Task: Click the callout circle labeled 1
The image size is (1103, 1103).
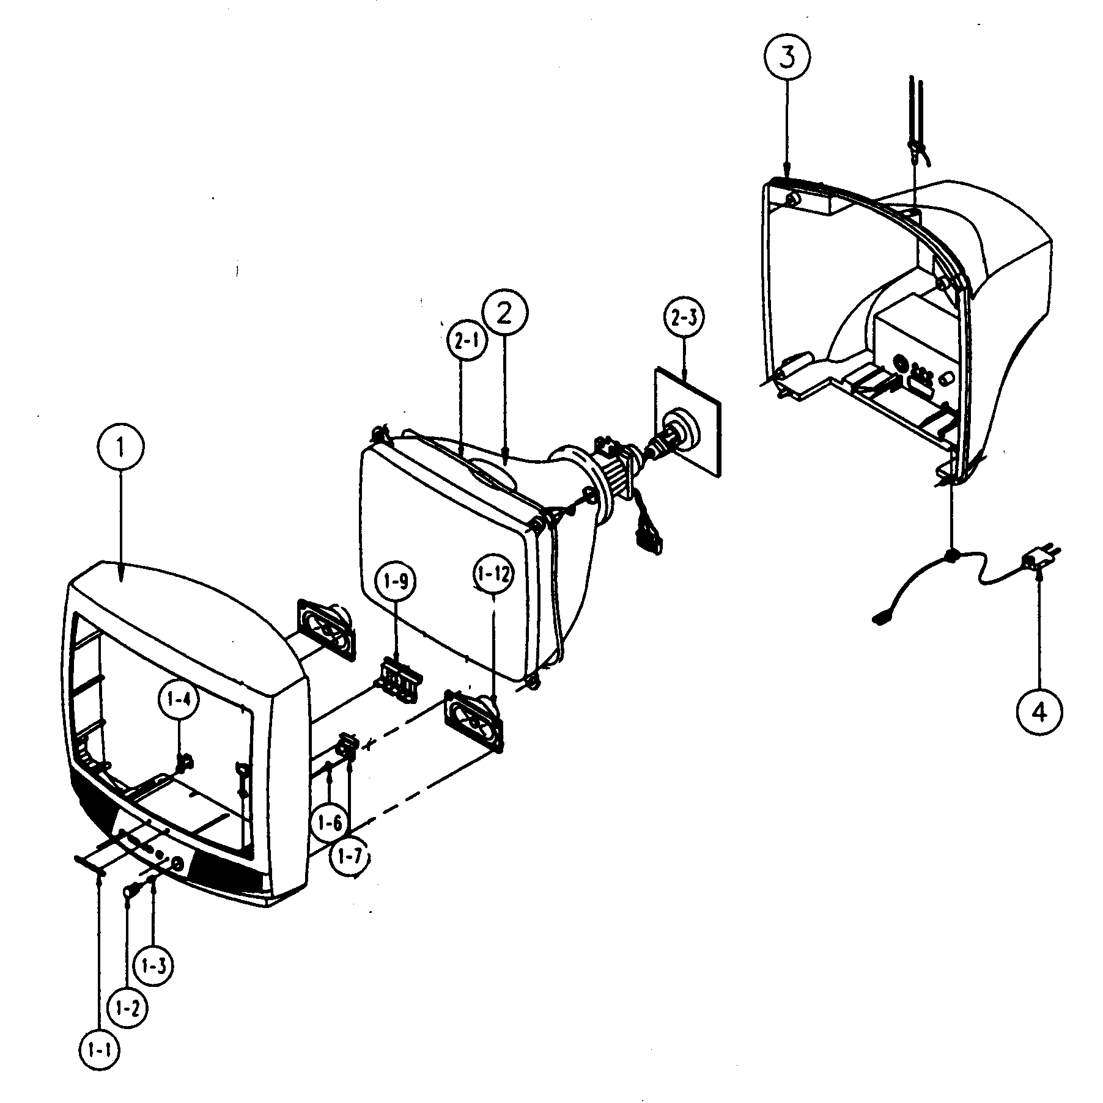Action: (120, 450)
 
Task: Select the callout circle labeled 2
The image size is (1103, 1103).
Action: (504, 312)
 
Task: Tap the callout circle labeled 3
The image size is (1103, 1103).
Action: (786, 57)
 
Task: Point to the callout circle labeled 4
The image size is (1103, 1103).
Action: (1039, 712)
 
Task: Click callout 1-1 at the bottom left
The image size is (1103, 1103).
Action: (100, 1050)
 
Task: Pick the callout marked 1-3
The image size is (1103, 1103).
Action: (153, 966)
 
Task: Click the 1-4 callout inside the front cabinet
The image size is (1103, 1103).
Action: (179, 702)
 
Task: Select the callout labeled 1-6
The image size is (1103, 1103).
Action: (330, 824)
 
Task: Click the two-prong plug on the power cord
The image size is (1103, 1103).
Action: (1037, 559)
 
